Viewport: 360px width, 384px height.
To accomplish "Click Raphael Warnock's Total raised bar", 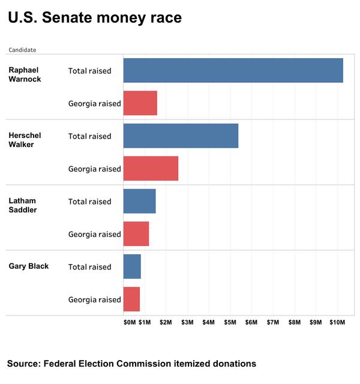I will pos(233,70).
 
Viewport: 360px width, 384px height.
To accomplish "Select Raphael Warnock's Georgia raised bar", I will pos(140,103).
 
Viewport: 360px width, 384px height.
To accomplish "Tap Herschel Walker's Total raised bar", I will pos(181,136).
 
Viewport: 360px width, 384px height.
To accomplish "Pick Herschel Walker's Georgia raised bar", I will pos(151,169).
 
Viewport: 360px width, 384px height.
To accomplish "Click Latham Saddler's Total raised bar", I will pos(139,201).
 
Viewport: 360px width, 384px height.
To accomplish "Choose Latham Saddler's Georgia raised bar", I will pos(136,234).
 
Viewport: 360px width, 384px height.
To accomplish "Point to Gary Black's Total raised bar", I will pos(132,266).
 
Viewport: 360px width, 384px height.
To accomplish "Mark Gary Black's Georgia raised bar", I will pos(131,299).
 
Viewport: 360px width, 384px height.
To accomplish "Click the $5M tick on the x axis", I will pos(230,323).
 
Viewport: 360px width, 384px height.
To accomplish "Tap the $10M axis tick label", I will pos(336,323).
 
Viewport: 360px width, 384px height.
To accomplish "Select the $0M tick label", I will pos(130,323).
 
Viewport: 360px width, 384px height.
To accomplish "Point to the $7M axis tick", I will pos(272,323).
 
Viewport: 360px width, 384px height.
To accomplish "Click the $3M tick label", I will pos(187,323).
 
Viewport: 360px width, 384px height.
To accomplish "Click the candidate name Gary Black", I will pos(28,266).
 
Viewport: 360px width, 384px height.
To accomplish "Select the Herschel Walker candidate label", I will pos(25,140).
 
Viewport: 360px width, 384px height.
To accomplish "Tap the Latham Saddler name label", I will pos(23,205).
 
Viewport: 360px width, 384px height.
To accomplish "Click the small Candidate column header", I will pos(22,50).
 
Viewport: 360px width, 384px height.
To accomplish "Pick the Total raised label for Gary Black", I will pos(89,267).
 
